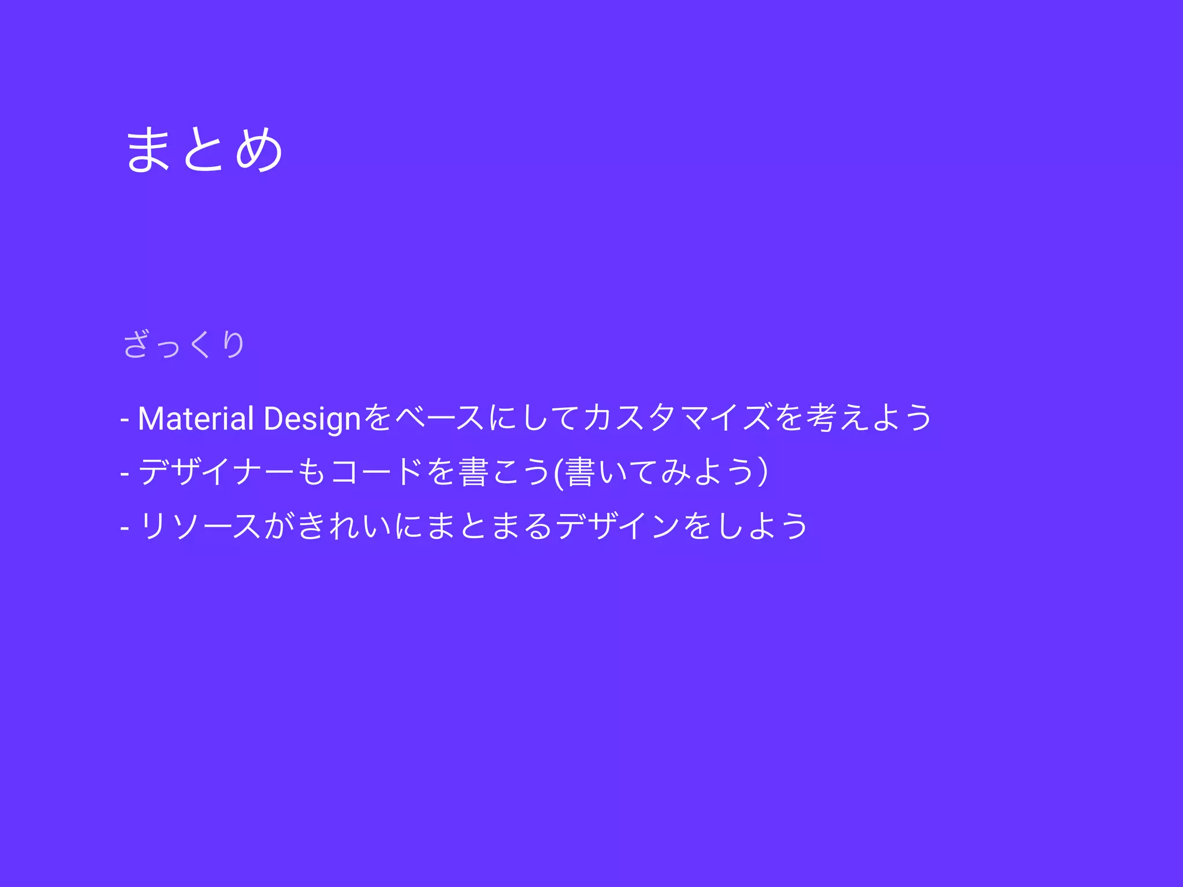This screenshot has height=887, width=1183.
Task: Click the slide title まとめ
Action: [x=204, y=150]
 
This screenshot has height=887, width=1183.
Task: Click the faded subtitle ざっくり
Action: [x=184, y=344]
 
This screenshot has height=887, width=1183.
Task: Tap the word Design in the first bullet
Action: [x=312, y=418]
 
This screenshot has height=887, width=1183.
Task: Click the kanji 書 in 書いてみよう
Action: [x=580, y=471]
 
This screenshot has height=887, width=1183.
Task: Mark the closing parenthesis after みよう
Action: [x=763, y=471]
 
